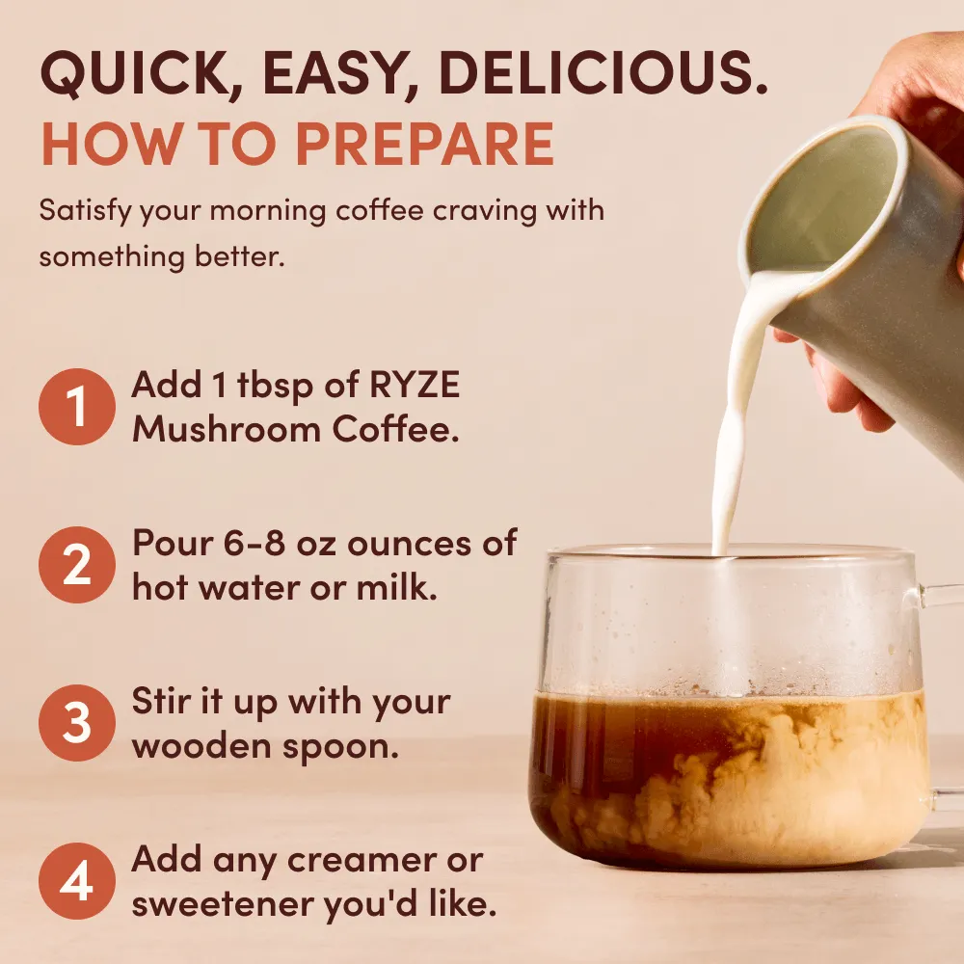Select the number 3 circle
coord(77,723)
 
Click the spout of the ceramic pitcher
coord(762,280)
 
